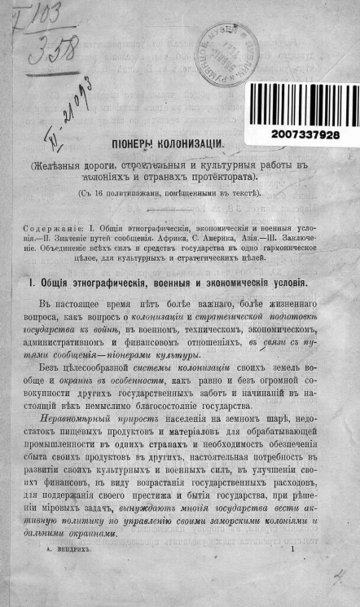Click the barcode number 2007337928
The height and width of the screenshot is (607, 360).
click(300, 134)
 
